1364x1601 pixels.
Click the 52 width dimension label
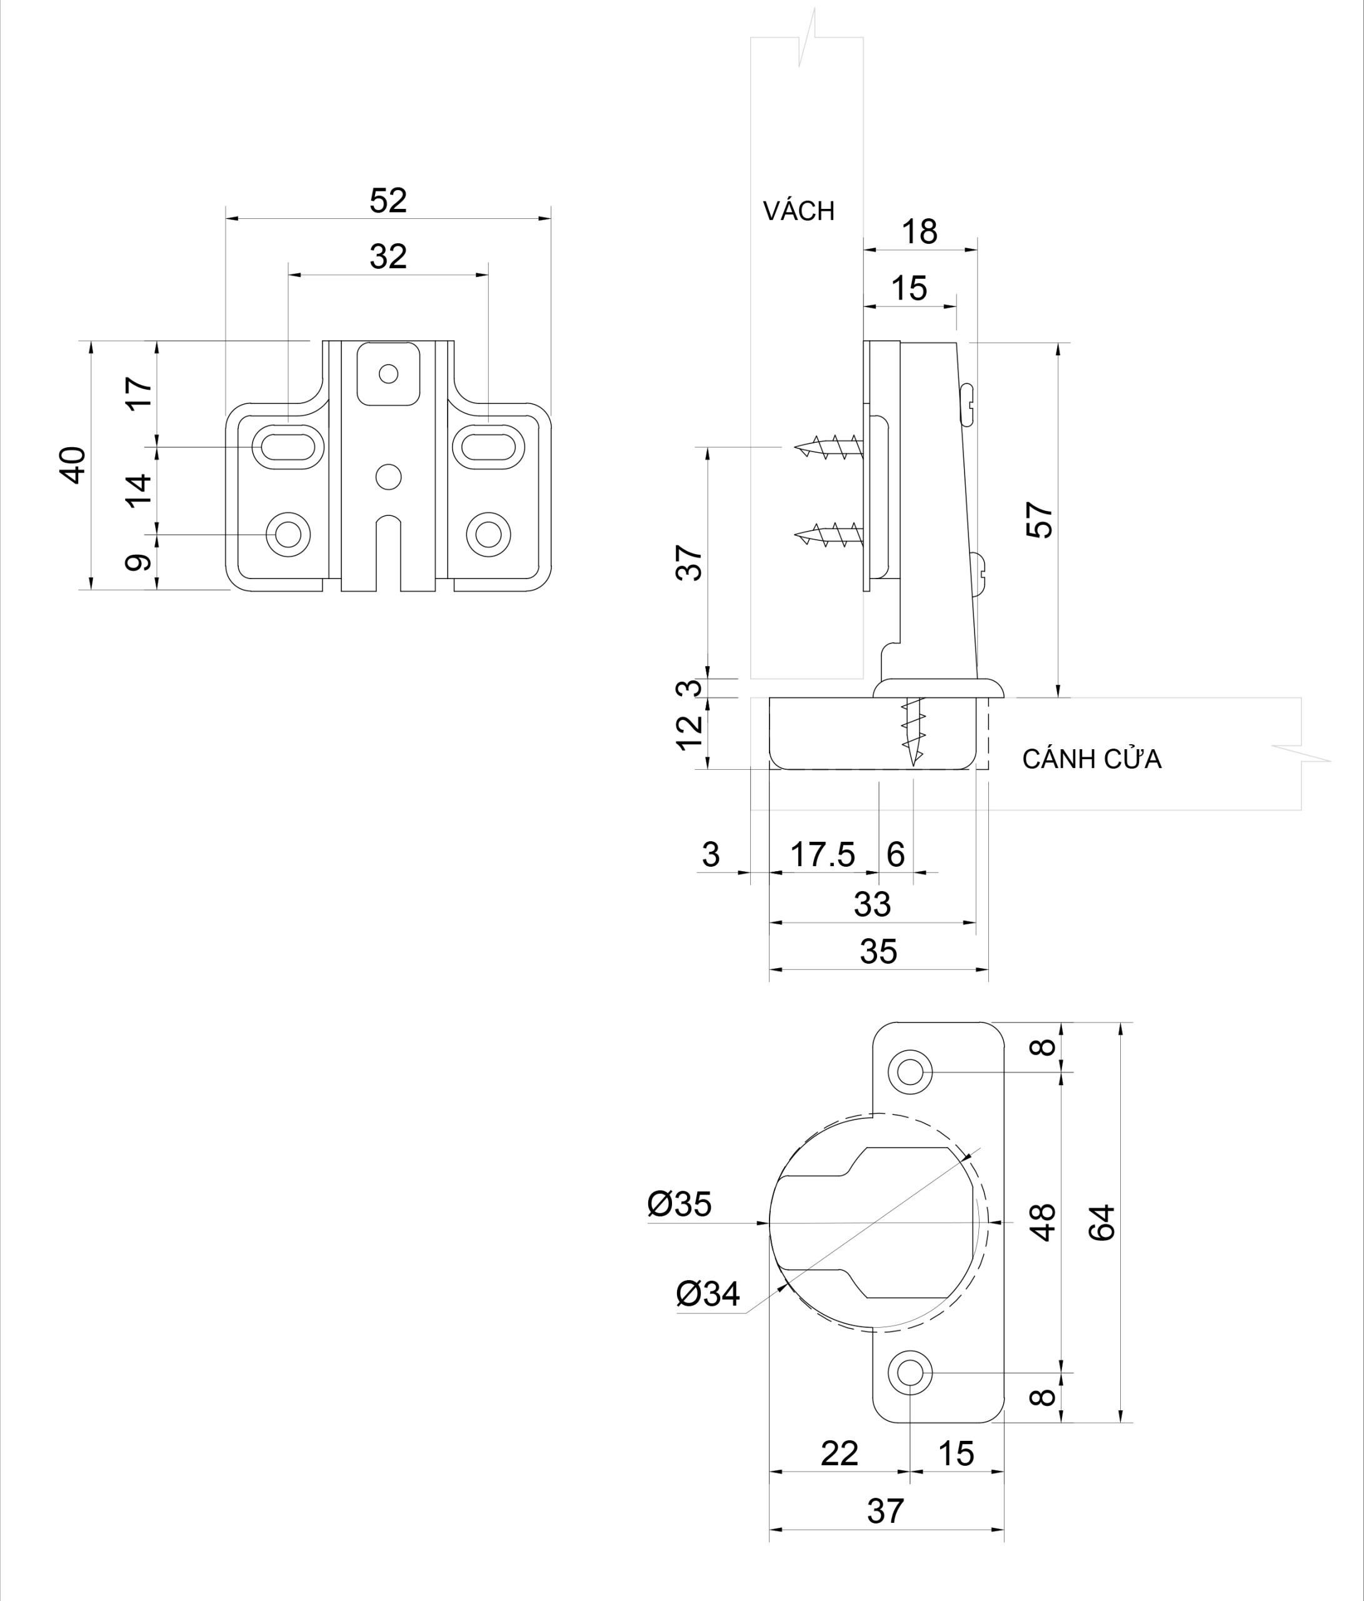tap(388, 201)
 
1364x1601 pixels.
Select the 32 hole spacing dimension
tap(388, 256)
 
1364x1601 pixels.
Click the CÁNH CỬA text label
tap(1091, 760)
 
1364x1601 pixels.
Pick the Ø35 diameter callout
tap(679, 1204)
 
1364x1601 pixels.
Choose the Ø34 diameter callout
tap(708, 1293)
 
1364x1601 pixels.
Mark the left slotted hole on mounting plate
tap(288, 447)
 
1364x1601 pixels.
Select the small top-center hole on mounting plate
tap(388, 374)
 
